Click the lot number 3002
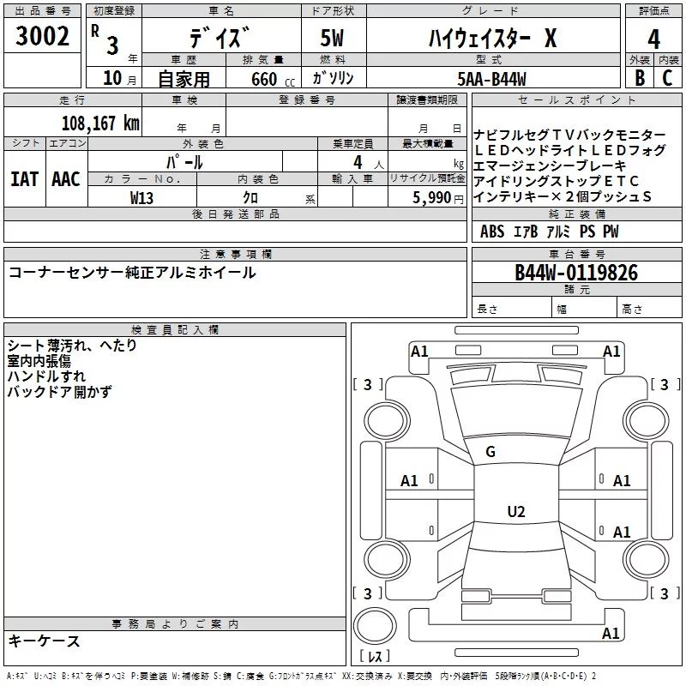(x=42, y=36)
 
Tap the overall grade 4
(x=653, y=39)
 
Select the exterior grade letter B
(x=640, y=78)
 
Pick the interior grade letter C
(x=667, y=78)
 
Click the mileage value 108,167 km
(x=100, y=123)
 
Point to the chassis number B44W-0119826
(x=576, y=273)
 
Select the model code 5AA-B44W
(x=491, y=79)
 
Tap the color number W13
(x=141, y=198)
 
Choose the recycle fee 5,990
(x=431, y=198)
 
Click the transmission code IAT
(x=25, y=179)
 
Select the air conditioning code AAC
(x=66, y=179)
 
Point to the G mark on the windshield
(x=490, y=452)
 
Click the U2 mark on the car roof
(x=516, y=511)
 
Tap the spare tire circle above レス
(x=375, y=626)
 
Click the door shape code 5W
(x=332, y=38)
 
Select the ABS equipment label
(x=492, y=232)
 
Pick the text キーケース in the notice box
(x=45, y=641)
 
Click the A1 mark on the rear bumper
(x=611, y=633)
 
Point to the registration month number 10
(x=112, y=78)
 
